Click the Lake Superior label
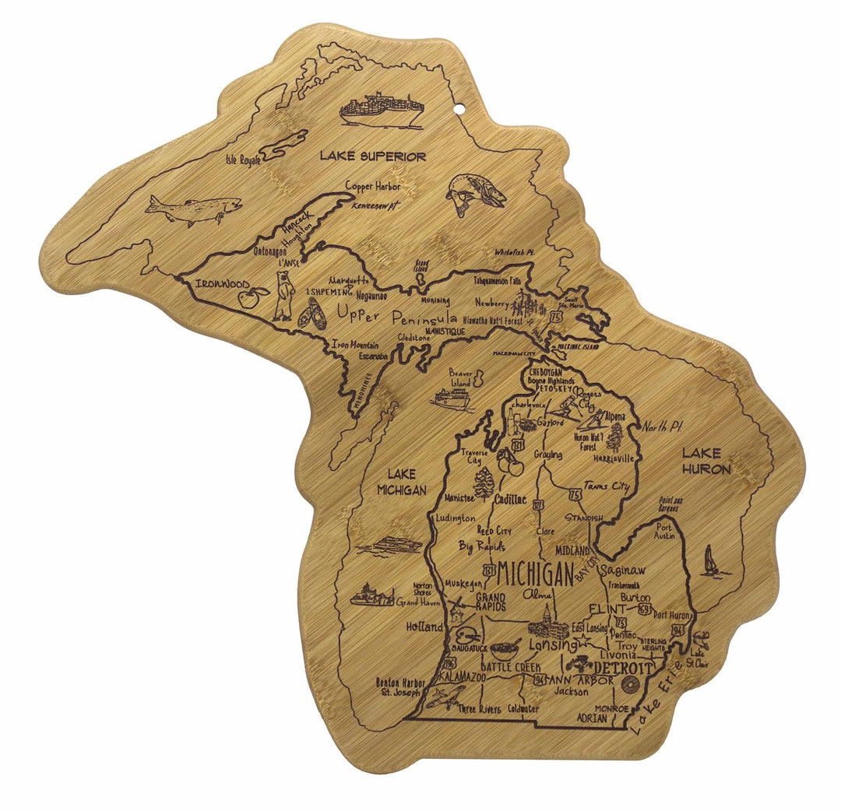click(x=373, y=156)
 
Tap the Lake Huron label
click(x=706, y=461)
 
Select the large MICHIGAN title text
click(x=535, y=574)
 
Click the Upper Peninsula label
click(x=396, y=316)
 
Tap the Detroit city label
click(x=623, y=669)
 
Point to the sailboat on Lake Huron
click(x=710, y=562)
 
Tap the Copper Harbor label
click(x=373, y=187)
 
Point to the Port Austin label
click(x=663, y=530)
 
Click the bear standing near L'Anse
click(x=283, y=297)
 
